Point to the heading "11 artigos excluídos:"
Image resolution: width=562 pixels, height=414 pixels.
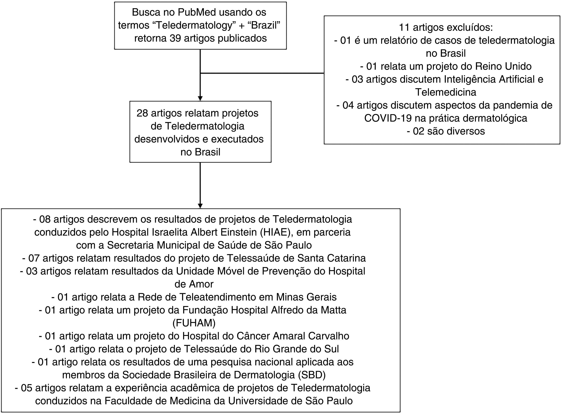[445, 27]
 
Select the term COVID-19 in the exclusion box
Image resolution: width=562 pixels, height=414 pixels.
[388, 118]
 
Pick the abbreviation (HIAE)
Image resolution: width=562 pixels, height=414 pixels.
[276, 232]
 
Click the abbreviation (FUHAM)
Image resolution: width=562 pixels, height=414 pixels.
[194, 323]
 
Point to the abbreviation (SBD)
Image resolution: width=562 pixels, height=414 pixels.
[312, 375]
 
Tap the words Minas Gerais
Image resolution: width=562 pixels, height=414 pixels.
[306, 297]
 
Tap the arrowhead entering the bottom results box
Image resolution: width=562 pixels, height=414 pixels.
[200, 206]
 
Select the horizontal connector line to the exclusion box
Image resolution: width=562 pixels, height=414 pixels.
[262, 73]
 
